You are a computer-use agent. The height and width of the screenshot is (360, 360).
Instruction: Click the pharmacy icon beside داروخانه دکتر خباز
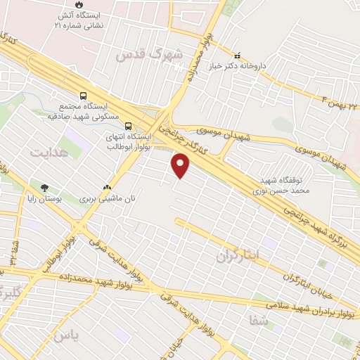tap(238, 56)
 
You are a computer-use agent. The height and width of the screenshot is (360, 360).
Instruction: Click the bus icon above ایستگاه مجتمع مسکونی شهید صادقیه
tap(84, 96)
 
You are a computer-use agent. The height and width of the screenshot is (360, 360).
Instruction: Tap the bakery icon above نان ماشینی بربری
tap(107, 188)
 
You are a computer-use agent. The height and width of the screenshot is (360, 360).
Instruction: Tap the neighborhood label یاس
tap(70, 336)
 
